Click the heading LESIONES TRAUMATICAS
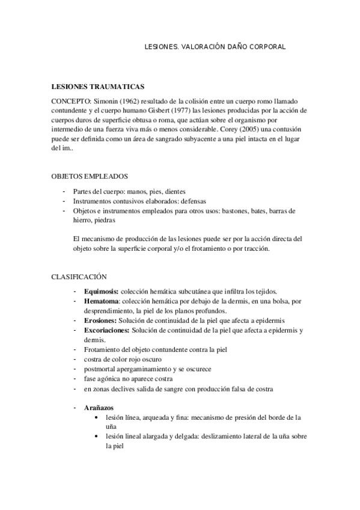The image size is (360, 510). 97,87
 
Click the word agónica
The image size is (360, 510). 108,379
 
